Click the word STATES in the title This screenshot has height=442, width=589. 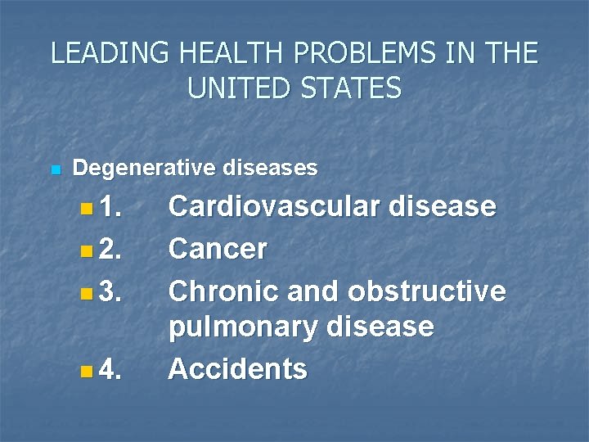352,88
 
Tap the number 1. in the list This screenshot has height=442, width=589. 110,207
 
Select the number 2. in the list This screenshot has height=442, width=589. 110,249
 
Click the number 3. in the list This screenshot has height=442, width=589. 110,291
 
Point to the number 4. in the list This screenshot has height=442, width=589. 110,370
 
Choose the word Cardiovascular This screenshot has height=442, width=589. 273,206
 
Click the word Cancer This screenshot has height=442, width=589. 218,249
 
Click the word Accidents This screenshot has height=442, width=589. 238,369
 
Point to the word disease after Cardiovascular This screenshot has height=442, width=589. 443,206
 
